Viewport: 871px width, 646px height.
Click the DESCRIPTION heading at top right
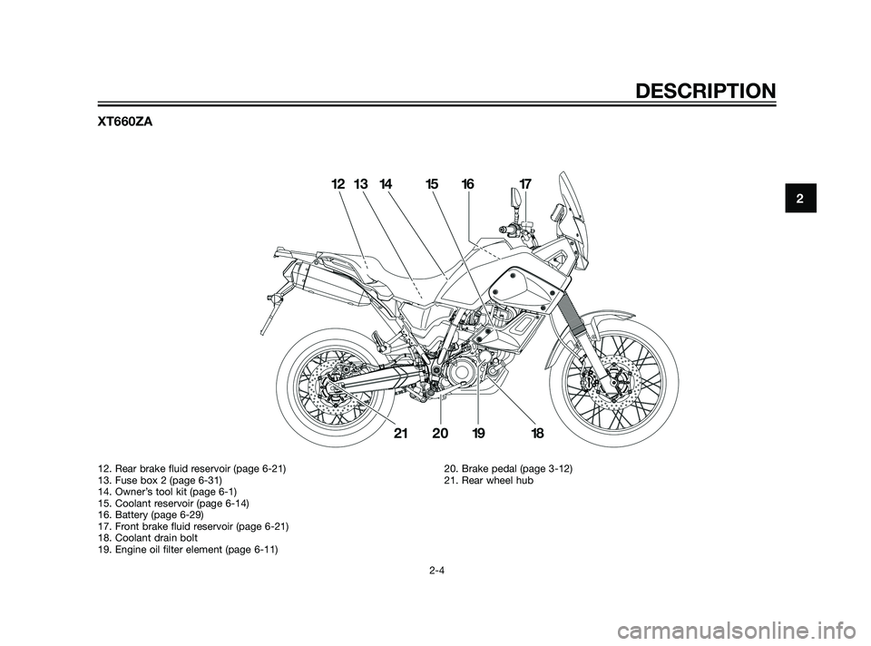click(x=706, y=91)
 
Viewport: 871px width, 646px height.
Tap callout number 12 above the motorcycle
click(x=338, y=184)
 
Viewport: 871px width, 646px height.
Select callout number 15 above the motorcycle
click(x=432, y=184)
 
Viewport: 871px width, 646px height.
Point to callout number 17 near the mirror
click(x=525, y=184)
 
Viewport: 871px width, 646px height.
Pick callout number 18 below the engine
click(x=536, y=434)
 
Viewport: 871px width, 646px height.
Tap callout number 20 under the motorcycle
click(x=440, y=434)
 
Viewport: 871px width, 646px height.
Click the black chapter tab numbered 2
click(x=800, y=197)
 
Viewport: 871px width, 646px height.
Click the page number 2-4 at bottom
click(x=435, y=570)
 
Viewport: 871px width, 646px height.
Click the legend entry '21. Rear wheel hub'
click(x=488, y=481)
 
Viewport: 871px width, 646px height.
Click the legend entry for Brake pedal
click(x=508, y=469)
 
